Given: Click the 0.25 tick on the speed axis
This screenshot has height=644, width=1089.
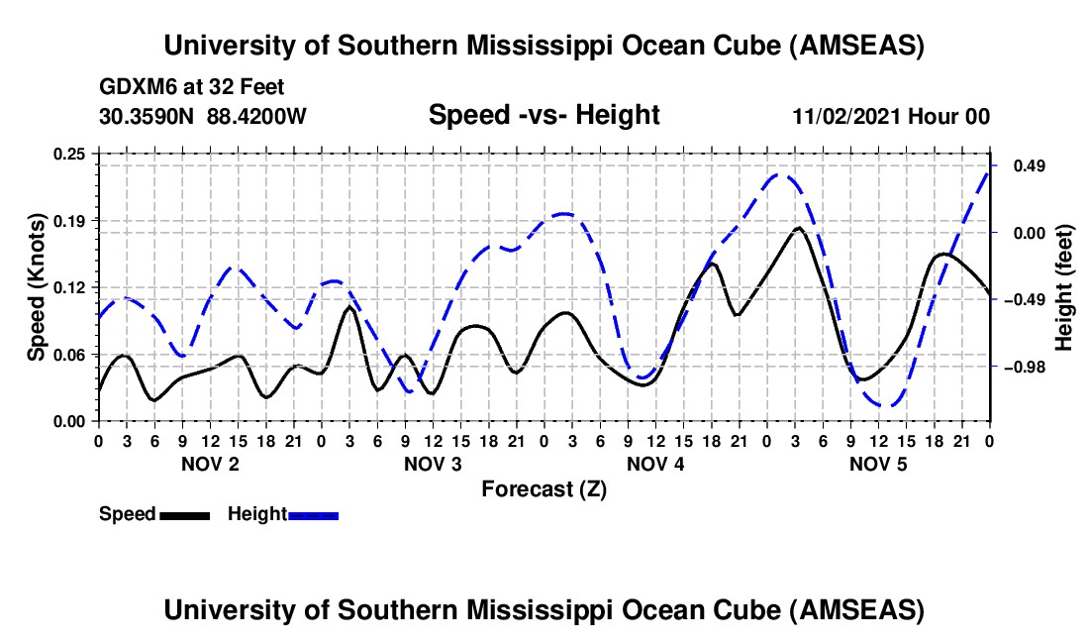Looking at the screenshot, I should pos(71,153).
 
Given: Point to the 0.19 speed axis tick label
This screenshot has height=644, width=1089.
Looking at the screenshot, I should pos(71,220).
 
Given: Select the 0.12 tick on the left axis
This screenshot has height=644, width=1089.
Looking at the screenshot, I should pos(71,287).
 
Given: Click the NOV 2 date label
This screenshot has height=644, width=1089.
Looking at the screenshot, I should pos(209,464).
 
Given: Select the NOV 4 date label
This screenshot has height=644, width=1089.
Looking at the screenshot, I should pos(655,464).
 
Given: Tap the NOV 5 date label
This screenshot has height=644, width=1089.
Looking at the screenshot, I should pos(878,464).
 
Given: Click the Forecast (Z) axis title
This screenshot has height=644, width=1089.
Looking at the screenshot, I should pos(544,488).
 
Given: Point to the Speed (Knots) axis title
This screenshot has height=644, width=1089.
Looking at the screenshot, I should pos(37,287).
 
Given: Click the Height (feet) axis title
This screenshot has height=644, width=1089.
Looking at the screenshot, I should pos(1065,287).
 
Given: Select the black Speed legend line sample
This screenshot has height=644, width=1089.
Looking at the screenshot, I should pos(184,514).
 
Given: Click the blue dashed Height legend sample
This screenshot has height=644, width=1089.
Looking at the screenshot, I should pos(313,514).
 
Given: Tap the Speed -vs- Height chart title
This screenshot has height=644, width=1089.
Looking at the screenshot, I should pos(544,115).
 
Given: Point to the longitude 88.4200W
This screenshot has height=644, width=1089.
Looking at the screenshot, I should pos(256,116).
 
